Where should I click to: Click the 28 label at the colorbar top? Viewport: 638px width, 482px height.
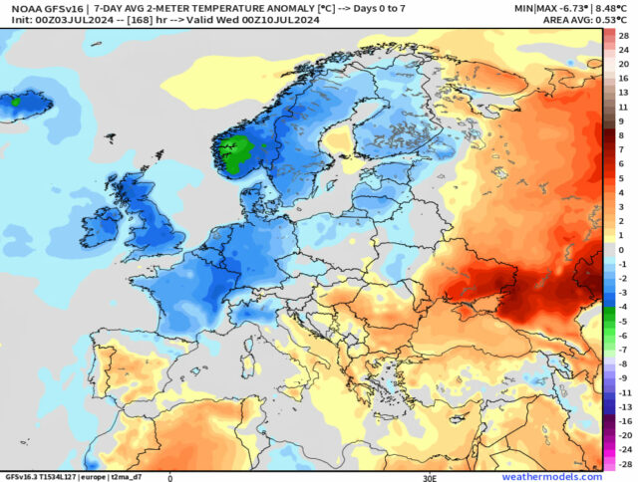pos(623,35)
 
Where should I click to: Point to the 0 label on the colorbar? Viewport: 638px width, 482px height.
pos(621,250)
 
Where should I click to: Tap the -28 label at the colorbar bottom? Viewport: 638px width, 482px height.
pos(623,464)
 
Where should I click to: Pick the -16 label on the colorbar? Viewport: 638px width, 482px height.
pos(623,421)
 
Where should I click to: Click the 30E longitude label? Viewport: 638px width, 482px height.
pos(430,477)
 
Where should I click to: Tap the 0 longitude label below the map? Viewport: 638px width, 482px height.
pos(169,477)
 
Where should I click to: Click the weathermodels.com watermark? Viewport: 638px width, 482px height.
pos(551,477)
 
